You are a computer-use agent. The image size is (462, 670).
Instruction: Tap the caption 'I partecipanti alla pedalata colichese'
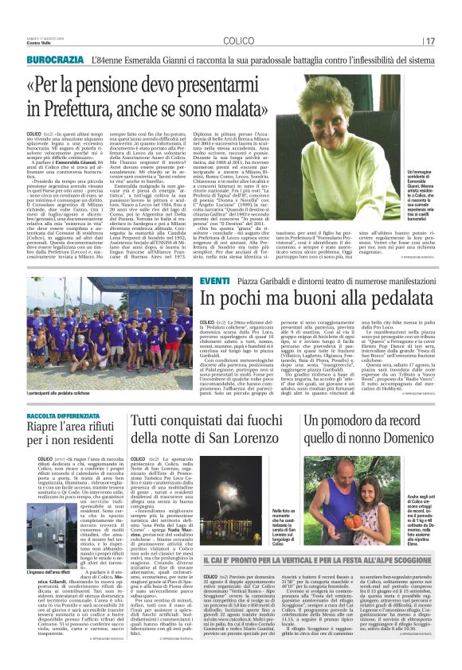70,395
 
